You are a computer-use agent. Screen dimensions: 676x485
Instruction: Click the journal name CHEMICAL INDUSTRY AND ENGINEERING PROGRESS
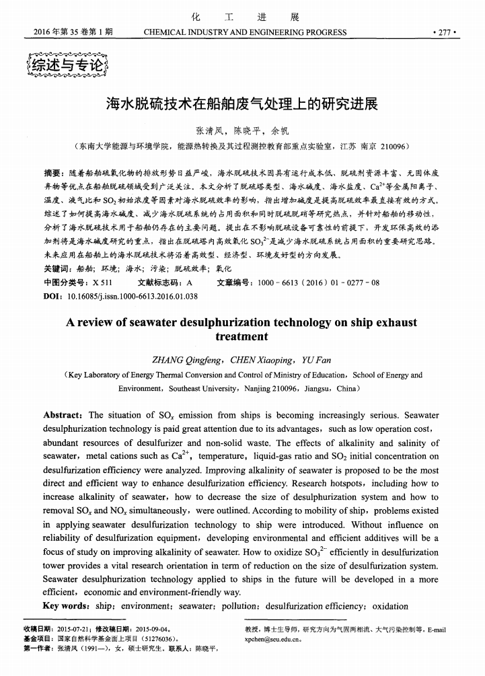coord(245,32)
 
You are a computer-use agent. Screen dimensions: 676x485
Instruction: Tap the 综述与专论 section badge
coord(65,65)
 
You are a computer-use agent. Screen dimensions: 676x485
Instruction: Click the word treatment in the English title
coord(241,336)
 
